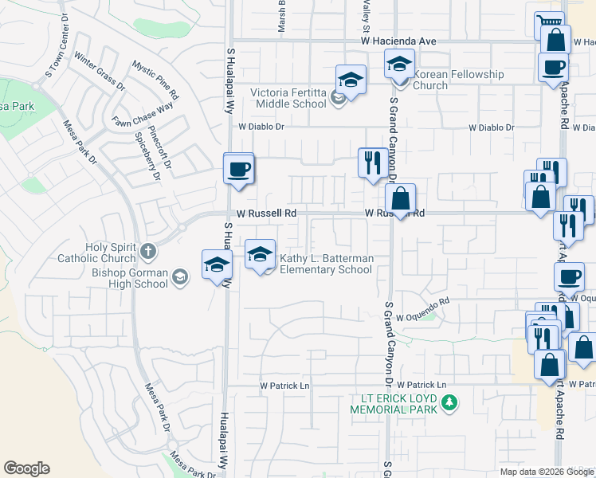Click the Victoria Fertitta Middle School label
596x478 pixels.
(288, 98)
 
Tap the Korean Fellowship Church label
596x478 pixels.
(459, 80)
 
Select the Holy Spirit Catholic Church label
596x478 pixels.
(96, 253)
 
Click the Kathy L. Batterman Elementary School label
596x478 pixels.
(326, 264)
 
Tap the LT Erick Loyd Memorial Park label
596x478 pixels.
(394, 403)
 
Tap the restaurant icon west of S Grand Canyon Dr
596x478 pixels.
(373, 163)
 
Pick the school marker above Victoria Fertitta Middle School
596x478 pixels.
(350, 80)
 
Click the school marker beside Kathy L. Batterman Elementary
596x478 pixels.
(259, 255)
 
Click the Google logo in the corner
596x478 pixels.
(27, 468)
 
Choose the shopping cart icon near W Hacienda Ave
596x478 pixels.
(548, 22)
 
